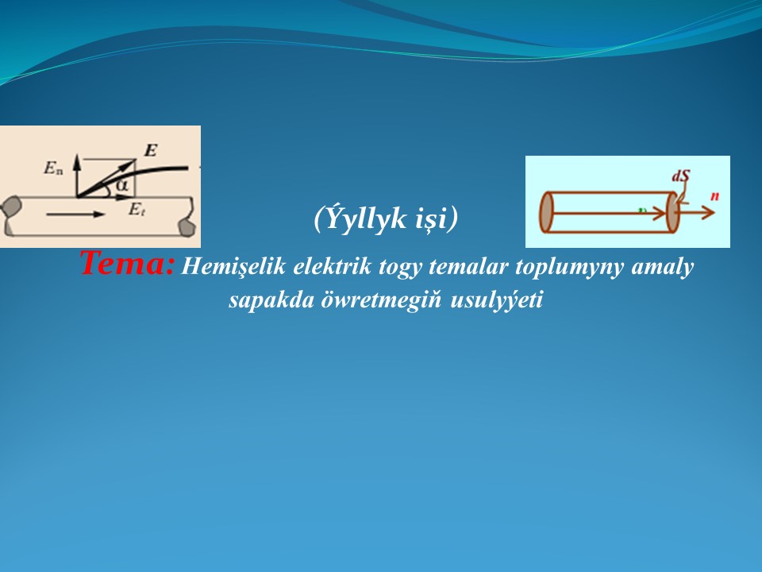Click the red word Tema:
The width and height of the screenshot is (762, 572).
[125, 263]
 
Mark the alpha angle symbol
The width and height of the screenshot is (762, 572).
[121, 186]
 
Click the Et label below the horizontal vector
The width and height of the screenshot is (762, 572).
[135, 209]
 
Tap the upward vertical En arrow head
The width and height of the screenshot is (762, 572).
[76, 159]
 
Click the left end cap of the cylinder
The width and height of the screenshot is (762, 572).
[546, 212]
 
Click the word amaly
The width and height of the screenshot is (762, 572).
[668, 267]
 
